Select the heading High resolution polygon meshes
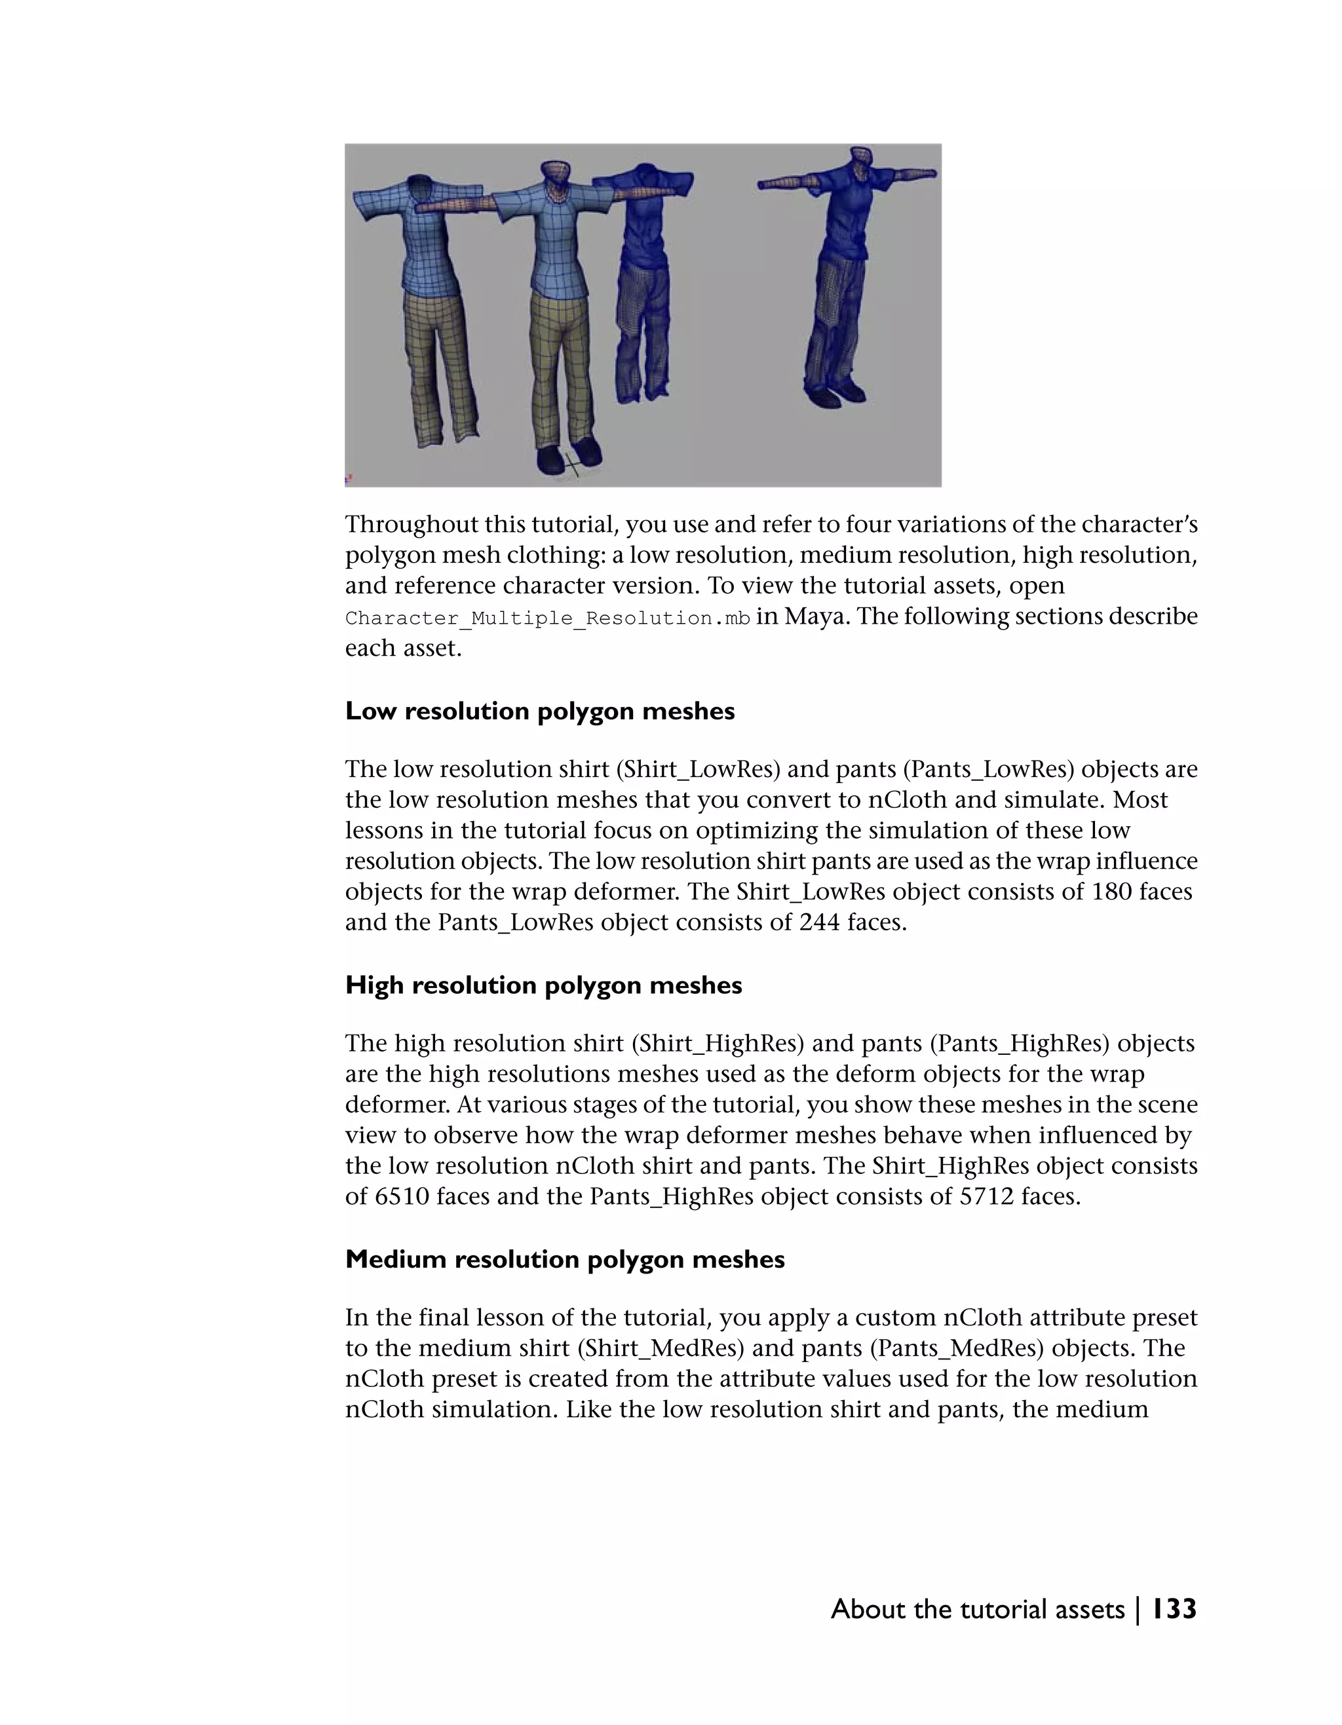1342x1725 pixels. [x=543, y=986]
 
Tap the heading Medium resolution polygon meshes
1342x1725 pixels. [x=565, y=1260]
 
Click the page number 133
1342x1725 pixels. [x=1173, y=1609]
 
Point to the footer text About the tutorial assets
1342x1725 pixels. [x=977, y=1610]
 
